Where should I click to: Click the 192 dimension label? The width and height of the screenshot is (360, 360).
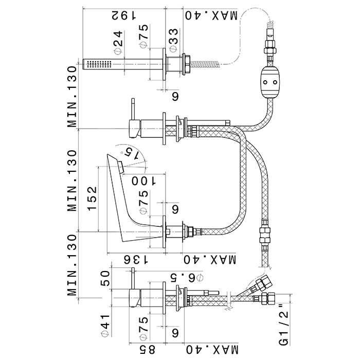coord(122,15)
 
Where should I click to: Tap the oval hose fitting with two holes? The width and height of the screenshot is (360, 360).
coord(270,82)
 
